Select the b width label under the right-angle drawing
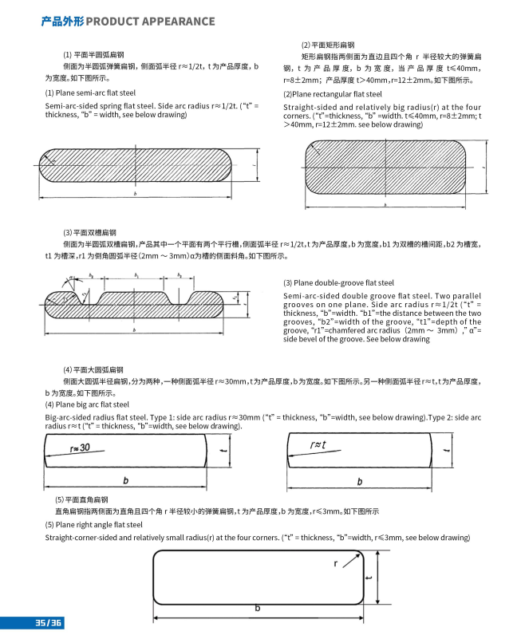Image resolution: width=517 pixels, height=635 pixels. [x=257, y=609]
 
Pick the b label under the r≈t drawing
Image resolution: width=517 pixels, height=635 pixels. [x=360, y=481]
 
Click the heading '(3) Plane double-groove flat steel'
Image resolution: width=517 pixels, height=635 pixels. [x=338, y=283]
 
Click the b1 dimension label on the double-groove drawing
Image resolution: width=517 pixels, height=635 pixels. [x=137, y=275]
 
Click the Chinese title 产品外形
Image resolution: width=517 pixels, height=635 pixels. [x=61, y=21]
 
